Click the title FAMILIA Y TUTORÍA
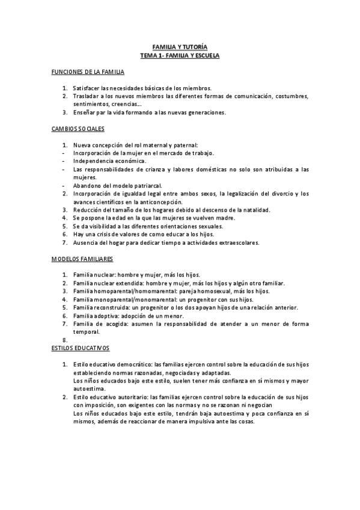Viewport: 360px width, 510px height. tap(180, 46)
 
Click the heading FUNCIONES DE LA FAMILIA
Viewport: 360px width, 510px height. tap(88, 72)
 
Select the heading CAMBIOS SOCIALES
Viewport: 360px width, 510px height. tap(79, 129)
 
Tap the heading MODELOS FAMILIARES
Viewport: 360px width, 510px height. tap(82, 259)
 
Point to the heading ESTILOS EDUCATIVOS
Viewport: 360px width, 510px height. tap(81, 348)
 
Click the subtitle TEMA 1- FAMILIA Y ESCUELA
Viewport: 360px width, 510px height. tap(180, 55)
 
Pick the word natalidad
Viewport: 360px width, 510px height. tap(255, 210)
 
